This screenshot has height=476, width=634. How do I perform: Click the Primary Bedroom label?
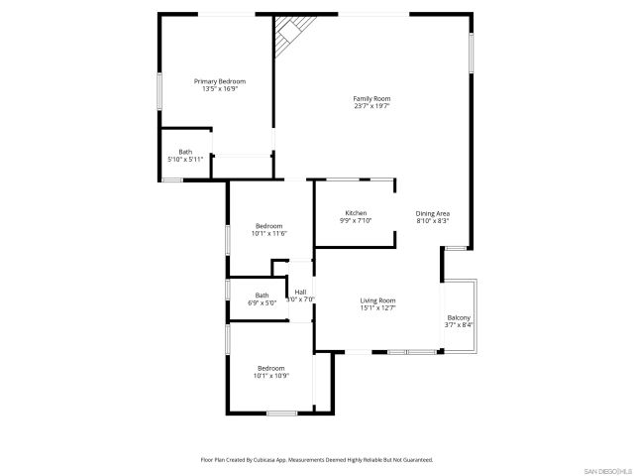(219, 81)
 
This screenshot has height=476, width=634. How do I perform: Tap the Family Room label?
(372, 98)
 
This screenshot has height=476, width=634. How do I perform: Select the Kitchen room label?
(356, 214)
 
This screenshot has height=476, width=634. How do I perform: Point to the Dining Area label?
(433, 214)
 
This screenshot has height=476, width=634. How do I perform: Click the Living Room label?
(377, 300)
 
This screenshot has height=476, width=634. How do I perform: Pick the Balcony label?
(459, 317)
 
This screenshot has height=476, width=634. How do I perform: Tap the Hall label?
(300, 292)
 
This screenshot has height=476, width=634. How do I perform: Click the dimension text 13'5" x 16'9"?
(219, 89)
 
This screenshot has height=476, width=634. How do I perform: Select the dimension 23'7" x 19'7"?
(372, 106)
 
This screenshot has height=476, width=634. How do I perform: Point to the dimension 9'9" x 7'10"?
(356, 222)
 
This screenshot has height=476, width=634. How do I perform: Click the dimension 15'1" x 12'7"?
(377, 308)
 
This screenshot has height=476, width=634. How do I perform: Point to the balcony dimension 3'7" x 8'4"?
(459, 325)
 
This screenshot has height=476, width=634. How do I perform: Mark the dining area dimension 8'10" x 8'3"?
(433, 222)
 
